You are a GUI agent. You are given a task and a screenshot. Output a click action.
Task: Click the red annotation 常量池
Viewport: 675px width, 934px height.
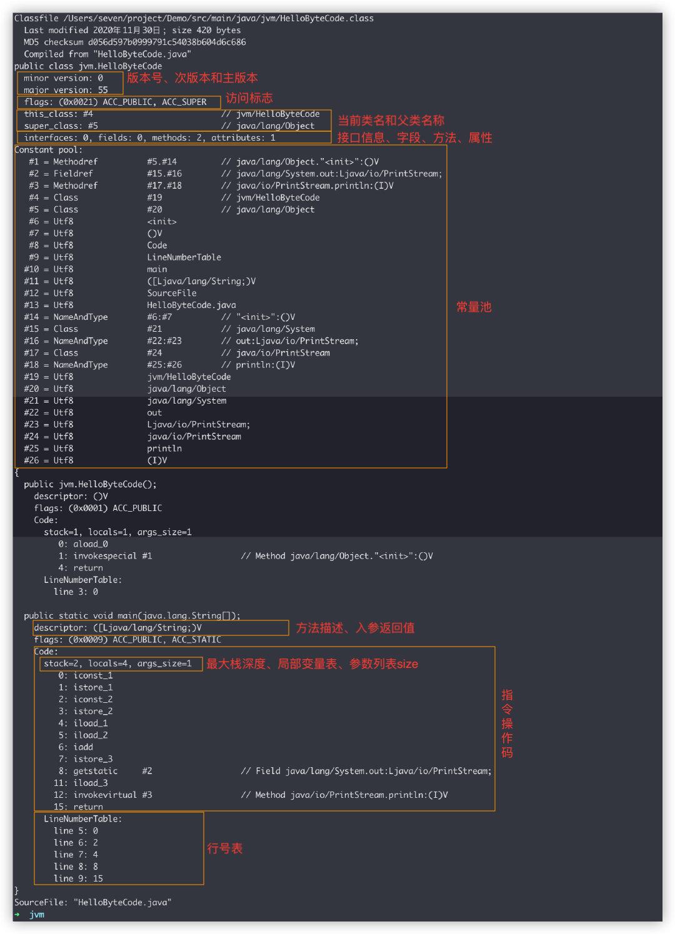pyautogui.click(x=474, y=307)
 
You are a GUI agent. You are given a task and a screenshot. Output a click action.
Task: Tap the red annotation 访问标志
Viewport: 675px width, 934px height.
pyautogui.click(x=249, y=98)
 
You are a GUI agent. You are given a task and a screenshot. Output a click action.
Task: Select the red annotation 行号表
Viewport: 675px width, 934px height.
pyautogui.click(x=224, y=848)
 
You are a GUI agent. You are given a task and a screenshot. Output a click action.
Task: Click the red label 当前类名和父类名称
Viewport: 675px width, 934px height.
pyautogui.click(x=391, y=121)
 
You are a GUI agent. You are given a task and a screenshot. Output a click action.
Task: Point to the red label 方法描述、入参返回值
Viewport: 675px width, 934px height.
pyautogui.click(x=355, y=628)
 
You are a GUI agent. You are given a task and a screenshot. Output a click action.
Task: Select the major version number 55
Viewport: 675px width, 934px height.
pyautogui.click(x=102, y=90)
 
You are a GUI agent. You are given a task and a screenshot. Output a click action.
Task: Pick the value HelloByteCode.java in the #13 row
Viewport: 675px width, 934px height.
pyautogui.click(x=191, y=305)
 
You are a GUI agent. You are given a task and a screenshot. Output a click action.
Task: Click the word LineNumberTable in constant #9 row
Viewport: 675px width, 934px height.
pyautogui.click(x=184, y=257)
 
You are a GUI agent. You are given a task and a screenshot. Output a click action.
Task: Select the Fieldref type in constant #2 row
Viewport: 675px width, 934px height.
pyautogui.click(x=73, y=174)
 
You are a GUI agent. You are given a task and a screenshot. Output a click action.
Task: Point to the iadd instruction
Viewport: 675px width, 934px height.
pyautogui.click(x=83, y=747)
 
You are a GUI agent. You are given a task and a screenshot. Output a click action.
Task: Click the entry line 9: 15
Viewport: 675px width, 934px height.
pyautogui.click(x=78, y=878)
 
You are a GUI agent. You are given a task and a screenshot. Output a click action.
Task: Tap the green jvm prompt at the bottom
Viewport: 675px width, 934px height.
pyautogui.click(x=37, y=914)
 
